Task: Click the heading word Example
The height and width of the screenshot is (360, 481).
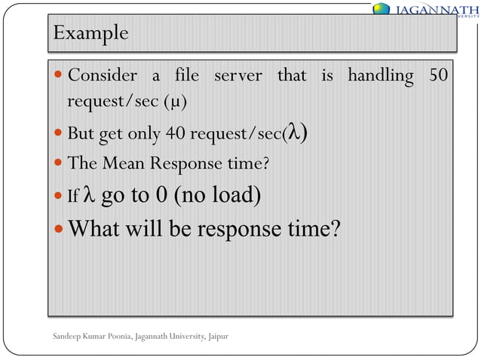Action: [x=90, y=35]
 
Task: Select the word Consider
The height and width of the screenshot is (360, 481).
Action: [x=103, y=76]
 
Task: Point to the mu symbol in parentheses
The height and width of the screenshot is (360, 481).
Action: [x=174, y=101]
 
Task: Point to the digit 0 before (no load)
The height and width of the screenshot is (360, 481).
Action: [x=161, y=195]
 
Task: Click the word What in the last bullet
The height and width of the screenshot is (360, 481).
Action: [x=97, y=228]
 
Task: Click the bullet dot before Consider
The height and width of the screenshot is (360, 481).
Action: [x=60, y=77]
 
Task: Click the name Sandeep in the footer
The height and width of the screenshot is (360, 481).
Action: [x=69, y=334]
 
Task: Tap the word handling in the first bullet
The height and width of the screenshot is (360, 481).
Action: [x=380, y=76]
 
